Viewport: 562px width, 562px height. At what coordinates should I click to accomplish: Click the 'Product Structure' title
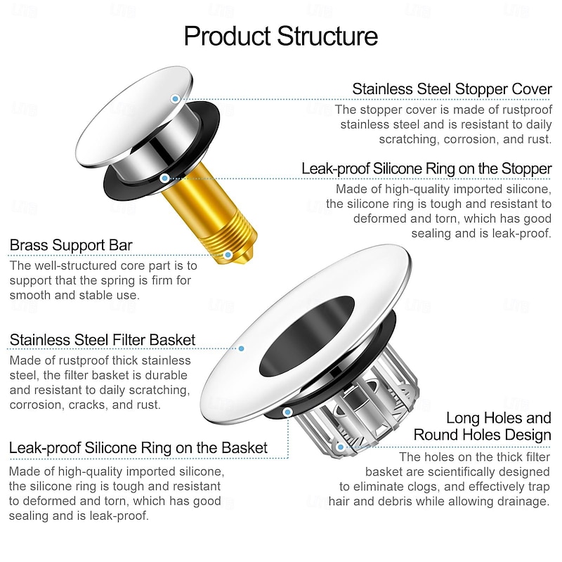click(280, 37)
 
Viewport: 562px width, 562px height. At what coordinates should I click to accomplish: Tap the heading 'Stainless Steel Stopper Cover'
click(452, 89)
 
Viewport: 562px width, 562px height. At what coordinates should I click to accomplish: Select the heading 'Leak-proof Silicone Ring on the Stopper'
click(426, 169)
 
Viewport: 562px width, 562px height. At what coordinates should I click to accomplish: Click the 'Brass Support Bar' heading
click(71, 245)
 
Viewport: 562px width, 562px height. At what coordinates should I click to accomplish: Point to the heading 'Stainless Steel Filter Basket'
click(103, 340)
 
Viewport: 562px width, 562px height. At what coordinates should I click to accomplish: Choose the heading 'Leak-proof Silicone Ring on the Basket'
click(138, 447)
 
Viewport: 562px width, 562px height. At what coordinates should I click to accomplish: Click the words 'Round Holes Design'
click(482, 435)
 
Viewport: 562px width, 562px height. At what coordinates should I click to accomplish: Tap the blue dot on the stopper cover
click(175, 98)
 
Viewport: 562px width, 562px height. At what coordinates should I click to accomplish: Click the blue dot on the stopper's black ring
click(164, 178)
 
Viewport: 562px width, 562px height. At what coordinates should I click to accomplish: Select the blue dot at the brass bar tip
click(228, 255)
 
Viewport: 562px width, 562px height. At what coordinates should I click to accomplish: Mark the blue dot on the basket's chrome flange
click(241, 348)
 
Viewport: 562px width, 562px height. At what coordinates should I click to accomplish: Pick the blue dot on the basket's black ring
click(287, 412)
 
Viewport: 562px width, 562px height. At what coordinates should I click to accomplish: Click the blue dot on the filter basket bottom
click(341, 447)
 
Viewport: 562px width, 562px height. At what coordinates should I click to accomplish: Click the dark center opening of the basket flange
click(306, 336)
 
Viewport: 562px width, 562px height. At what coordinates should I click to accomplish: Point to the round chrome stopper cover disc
click(135, 117)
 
